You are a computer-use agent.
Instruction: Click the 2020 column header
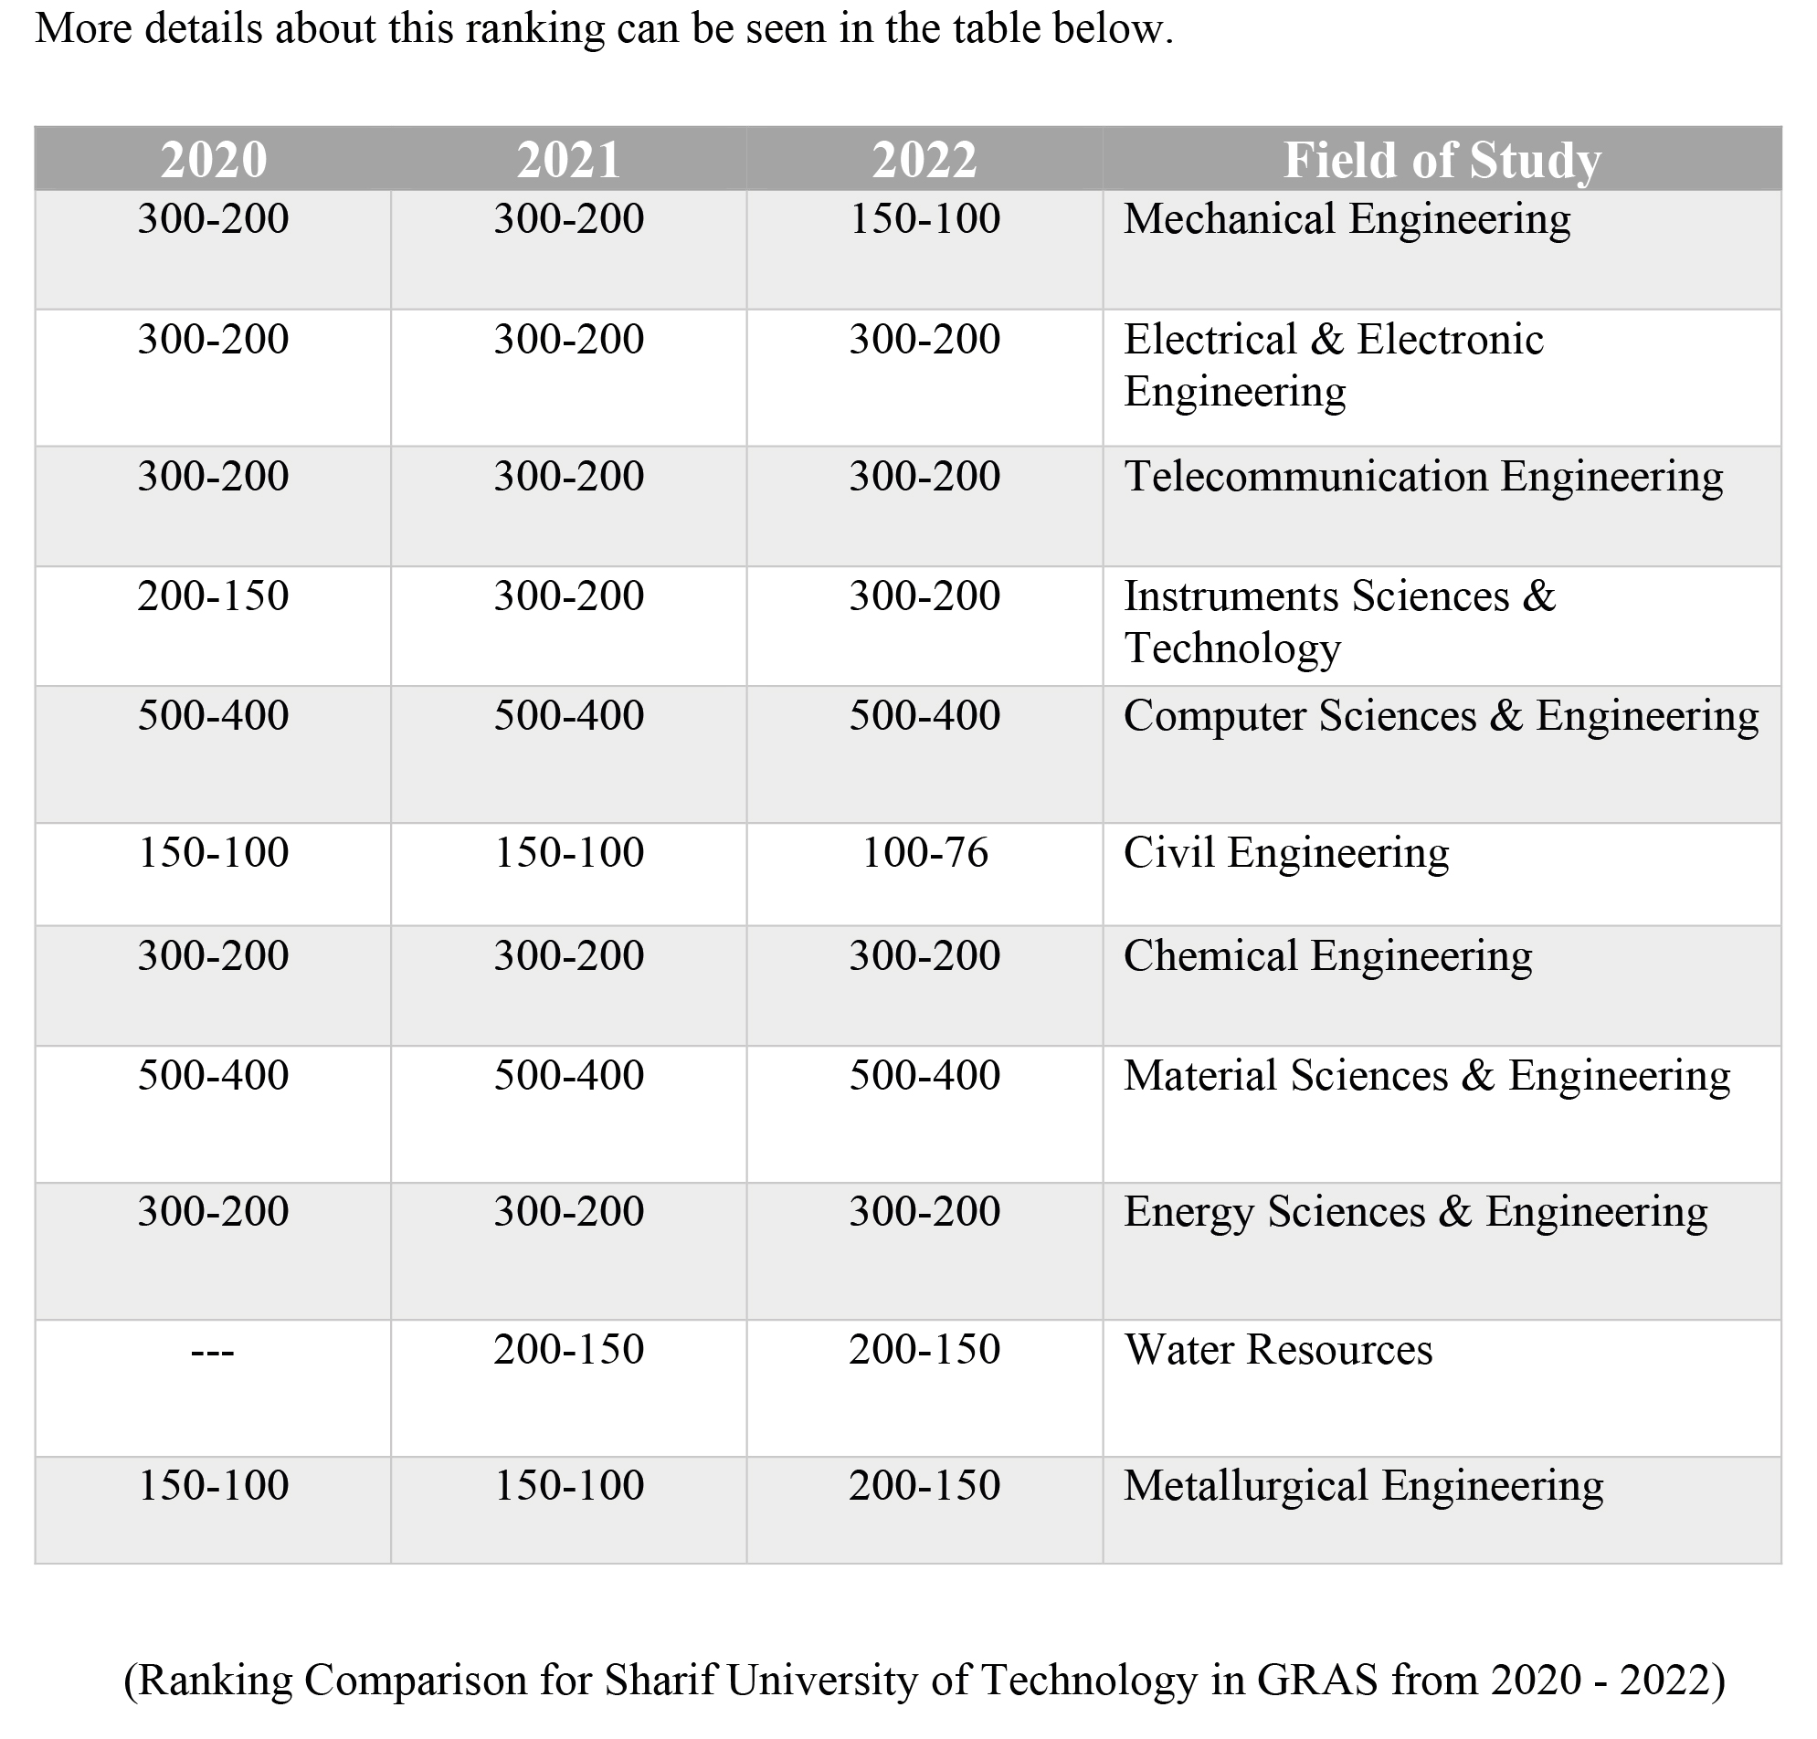coord(213,160)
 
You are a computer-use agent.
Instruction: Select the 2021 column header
coord(568,160)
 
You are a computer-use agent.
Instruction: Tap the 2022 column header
coord(924,160)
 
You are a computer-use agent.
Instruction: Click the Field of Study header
coord(1442,160)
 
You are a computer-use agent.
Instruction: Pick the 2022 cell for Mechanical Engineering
coord(924,219)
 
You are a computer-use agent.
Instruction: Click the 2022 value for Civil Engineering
coord(924,853)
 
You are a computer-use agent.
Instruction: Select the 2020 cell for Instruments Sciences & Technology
coord(213,595)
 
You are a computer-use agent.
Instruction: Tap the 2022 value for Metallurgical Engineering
coord(924,1485)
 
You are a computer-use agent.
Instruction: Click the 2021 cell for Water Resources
coord(568,1349)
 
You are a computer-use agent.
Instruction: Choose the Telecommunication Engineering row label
coord(1423,477)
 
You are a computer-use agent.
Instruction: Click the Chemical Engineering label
coord(1327,955)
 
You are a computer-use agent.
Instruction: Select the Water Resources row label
coord(1277,1349)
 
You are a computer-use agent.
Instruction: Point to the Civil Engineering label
coord(1286,853)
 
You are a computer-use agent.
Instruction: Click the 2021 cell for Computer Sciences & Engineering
coord(568,716)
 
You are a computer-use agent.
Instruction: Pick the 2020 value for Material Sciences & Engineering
coord(213,1075)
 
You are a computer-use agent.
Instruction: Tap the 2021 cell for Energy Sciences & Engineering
coord(568,1212)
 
